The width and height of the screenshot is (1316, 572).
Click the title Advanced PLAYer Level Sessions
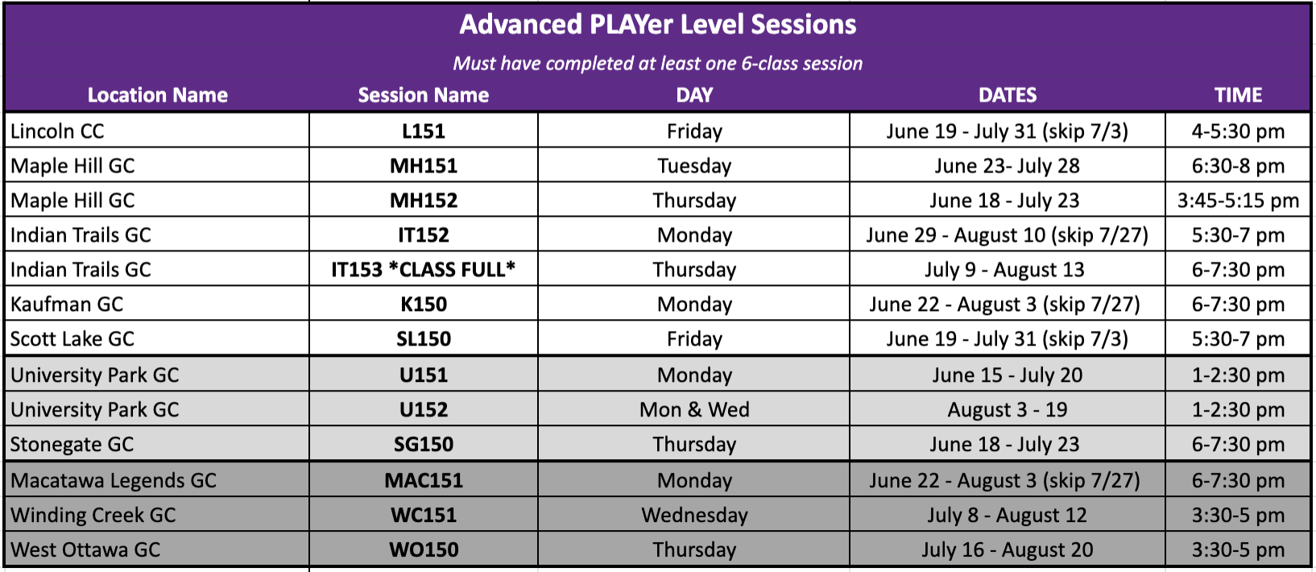[x=657, y=25]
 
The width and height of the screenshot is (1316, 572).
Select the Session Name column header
[x=423, y=95]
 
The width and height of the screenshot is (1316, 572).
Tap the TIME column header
[x=1238, y=95]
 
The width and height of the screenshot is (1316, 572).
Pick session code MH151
[x=423, y=166]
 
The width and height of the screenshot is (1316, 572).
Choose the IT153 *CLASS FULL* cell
[x=423, y=270]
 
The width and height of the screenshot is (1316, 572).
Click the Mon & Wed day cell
[x=694, y=410]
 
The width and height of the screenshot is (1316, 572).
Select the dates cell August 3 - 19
[x=1007, y=410]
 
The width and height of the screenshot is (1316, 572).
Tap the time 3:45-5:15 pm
[x=1238, y=201]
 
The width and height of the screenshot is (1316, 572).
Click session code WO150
[x=423, y=549]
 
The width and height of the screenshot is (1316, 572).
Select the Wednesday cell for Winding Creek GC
[x=694, y=515]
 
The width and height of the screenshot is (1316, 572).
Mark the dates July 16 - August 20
[x=1007, y=549]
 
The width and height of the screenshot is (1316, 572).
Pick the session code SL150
[x=423, y=339]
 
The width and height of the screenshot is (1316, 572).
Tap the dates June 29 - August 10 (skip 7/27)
[x=1007, y=235]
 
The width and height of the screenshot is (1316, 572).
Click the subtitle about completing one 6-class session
[x=657, y=64]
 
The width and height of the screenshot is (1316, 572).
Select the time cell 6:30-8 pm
[x=1238, y=166]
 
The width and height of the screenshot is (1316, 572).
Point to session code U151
[x=423, y=375]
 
